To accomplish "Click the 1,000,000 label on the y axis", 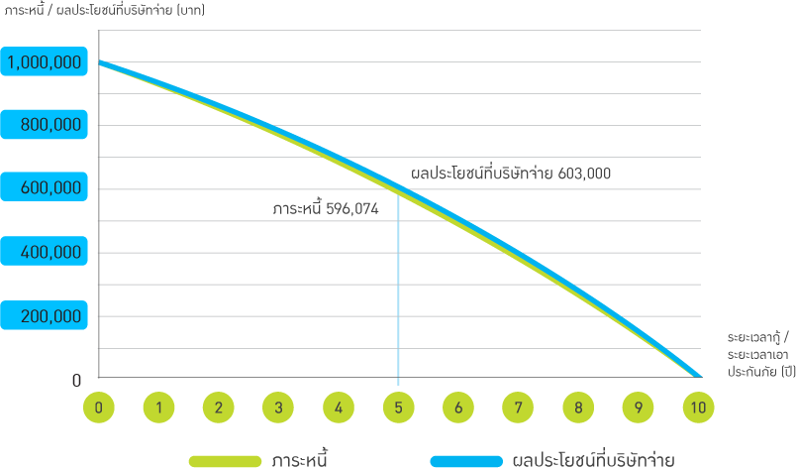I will click(x=44, y=62).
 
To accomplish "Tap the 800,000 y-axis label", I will click(x=49, y=126).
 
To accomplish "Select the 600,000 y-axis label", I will click(x=49, y=189).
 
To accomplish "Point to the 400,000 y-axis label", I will click(x=49, y=253).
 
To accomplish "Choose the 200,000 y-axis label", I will click(x=49, y=316).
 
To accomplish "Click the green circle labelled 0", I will click(x=99, y=407).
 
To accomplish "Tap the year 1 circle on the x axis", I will click(x=158, y=407).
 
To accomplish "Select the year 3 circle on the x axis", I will click(x=279, y=407).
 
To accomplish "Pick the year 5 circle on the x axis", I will click(x=398, y=407).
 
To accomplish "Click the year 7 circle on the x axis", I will click(x=518, y=407).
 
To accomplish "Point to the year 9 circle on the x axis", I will click(x=639, y=407).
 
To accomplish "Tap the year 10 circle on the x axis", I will click(x=698, y=407).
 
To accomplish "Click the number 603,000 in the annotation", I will click(x=585, y=174).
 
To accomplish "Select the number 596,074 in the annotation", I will click(x=352, y=209).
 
